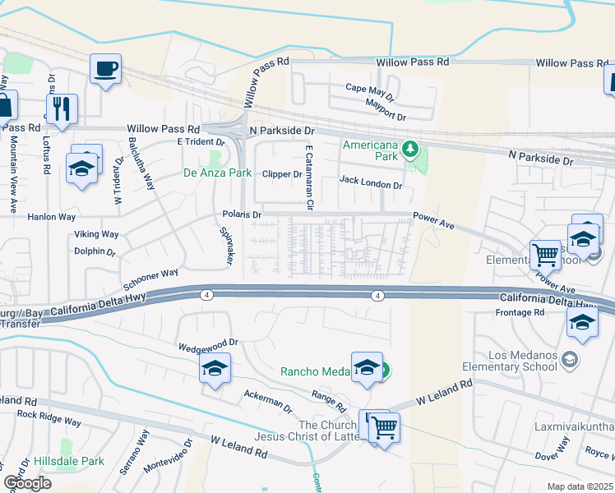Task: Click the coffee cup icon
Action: tap(105, 69)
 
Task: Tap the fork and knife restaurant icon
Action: tap(62, 108)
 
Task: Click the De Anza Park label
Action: tap(216, 173)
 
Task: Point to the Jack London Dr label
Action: tap(371, 185)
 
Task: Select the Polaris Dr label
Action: tap(242, 214)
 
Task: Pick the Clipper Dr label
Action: tap(282, 174)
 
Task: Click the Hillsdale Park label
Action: tap(69, 462)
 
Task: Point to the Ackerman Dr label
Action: tap(268, 402)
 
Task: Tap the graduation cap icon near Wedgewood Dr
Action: tap(214, 368)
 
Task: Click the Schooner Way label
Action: tap(150, 279)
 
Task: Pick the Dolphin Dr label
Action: tap(94, 251)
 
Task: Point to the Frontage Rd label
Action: tap(520, 313)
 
